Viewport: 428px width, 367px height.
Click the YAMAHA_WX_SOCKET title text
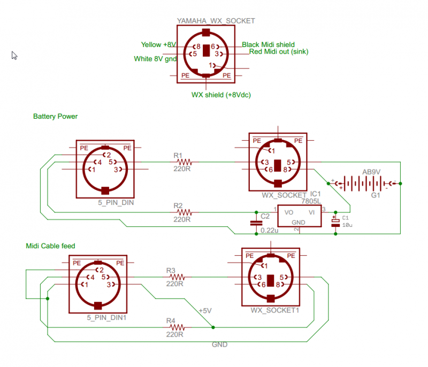tap(216, 21)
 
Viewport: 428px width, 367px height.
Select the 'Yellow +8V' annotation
tap(158, 44)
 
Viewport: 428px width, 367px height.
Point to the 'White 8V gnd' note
tap(155, 59)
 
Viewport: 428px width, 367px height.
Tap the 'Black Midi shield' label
tap(268, 44)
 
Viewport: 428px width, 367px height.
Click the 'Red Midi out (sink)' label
tap(278, 52)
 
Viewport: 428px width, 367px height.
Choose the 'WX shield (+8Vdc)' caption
tap(221, 95)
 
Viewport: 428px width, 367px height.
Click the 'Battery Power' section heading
tap(55, 116)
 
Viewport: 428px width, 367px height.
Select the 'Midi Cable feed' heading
tap(50, 246)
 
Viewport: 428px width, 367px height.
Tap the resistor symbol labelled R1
tap(185, 161)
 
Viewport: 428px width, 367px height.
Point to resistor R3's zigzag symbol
tap(178, 277)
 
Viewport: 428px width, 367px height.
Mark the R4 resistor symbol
tap(178, 327)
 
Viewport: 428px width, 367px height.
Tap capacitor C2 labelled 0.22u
tap(254, 223)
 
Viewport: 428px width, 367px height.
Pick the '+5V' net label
tap(205, 310)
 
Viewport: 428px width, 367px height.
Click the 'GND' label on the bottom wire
tap(220, 345)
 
